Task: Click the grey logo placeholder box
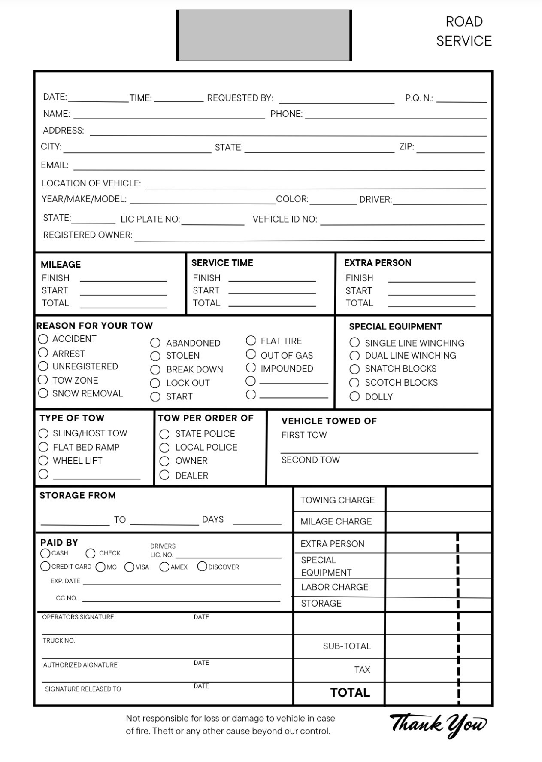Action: pos(263,35)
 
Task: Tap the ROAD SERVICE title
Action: pos(464,31)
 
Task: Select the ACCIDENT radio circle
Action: pos(43,339)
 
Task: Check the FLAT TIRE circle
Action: pos(251,341)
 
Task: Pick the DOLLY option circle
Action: pos(354,396)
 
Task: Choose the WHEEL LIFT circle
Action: pos(43,461)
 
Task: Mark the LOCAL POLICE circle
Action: pos(164,448)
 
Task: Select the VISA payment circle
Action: pos(129,567)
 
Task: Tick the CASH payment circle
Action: pos(45,553)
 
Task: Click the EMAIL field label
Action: pos(55,165)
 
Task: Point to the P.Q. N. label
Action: pos(419,98)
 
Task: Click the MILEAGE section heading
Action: pos(61,265)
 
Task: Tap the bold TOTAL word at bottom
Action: pos(350,692)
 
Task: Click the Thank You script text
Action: pos(438,725)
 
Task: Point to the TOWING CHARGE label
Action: pos(337,500)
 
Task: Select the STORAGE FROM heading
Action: pos(78,495)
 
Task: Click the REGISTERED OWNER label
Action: pos(88,235)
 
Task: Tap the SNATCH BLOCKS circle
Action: pos(354,369)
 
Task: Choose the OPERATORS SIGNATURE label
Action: pos(78,617)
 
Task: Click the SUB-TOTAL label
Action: pos(347,646)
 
